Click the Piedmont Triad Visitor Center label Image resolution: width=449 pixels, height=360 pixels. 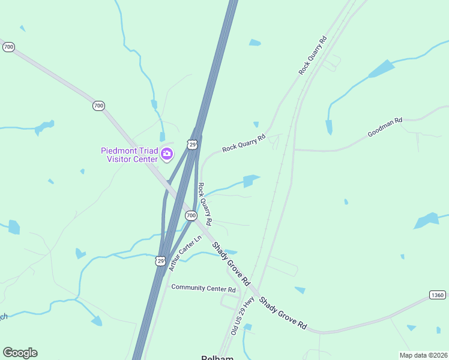pos(128,154)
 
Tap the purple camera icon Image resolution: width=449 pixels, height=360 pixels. pos(167,155)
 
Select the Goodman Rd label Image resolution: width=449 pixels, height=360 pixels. pos(385,127)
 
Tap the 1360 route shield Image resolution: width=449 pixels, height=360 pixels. pos(438,295)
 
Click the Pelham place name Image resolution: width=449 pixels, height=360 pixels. pos(217,357)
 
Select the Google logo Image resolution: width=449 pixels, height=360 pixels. pos(20,353)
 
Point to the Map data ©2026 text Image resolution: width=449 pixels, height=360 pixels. pos(423,355)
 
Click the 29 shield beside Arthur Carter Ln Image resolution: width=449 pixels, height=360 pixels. pos(160,260)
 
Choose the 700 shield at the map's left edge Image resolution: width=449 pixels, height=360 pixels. pos(8,47)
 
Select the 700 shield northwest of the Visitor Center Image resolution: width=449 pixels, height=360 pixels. pos(99,106)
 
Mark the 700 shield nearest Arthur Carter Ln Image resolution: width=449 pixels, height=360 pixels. pos(191,215)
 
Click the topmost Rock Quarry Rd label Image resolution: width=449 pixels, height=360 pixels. pos(312,56)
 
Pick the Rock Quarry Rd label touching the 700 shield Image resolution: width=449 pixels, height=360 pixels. pos(205,203)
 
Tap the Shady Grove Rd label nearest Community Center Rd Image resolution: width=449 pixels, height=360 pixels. pos(230,262)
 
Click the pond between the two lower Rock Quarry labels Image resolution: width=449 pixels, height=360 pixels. pos(250,181)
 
